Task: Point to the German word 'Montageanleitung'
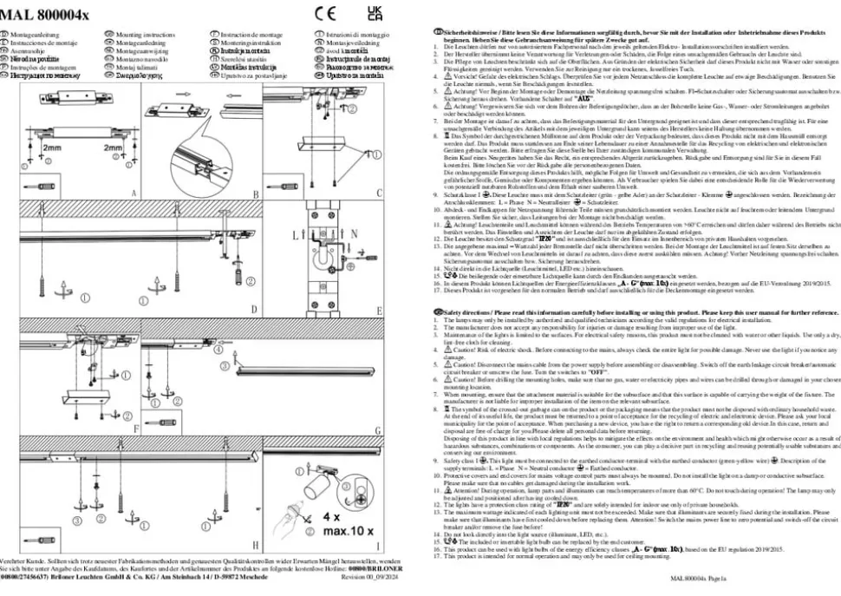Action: tap(35, 31)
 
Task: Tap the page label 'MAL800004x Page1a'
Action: tap(699, 576)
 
